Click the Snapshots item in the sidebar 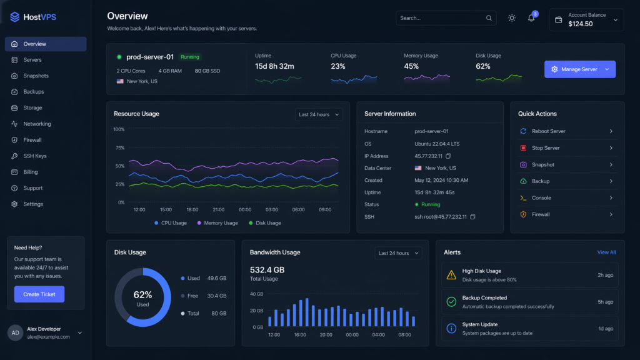(36, 76)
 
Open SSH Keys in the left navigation (35, 156)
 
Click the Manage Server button (579, 69)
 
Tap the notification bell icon (531, 18)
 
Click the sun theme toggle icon (512, 18)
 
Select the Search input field (441, 18)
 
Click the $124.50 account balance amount (581, 24)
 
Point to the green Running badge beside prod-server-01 (190, 57)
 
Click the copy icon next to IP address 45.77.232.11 (448, 156)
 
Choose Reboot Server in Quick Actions (548, 131)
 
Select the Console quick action (541, 197)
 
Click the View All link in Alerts (606, 252)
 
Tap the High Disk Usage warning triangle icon (451, 275)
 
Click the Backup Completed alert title (484, 298)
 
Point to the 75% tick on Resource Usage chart (119, 148)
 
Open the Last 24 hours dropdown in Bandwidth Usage (398, 253)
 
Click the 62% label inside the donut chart (142, 294)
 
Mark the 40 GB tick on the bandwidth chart (256, 294)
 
